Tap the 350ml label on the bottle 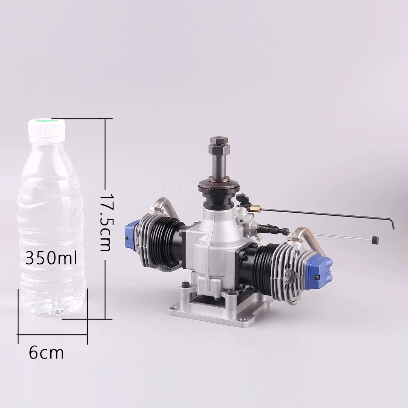pyautogui.click(x=51, y=258)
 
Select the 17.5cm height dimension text pyautogui.click(x=106, y=222)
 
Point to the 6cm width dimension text pyautogui.click(x=46, y=353)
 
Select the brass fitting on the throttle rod pyautogui.click(x=256, y=208)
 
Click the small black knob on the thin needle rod pyautogui.click(x=375, y=240)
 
